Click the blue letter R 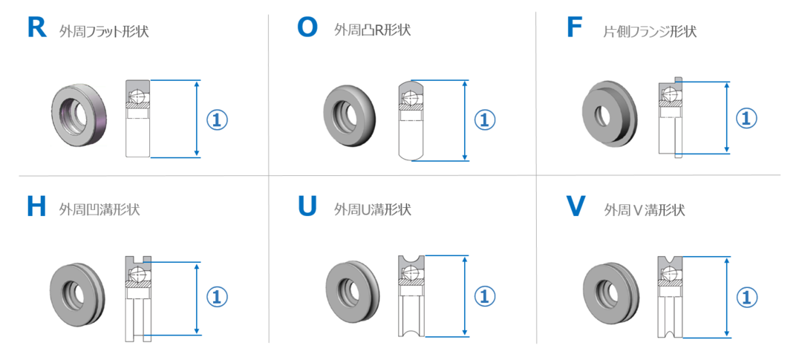click(x=37, y=28)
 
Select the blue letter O click(x=307, y=28)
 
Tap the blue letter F click(x=574, y=28)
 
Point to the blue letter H click(x=36, y=207)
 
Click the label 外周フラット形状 click(x=105, y=32)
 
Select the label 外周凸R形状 click(x=372, y=30)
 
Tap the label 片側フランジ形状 click(x=650, y=32)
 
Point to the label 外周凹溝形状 click(x=100, y=209)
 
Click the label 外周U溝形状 click(x=372, y=209)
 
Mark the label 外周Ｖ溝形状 click(x=645, y=209)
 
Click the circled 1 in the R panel click(x=217, y=120)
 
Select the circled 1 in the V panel click(x=746, y=297)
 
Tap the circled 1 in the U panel click(x=485, y=297)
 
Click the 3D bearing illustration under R click(x=79, y=116)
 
